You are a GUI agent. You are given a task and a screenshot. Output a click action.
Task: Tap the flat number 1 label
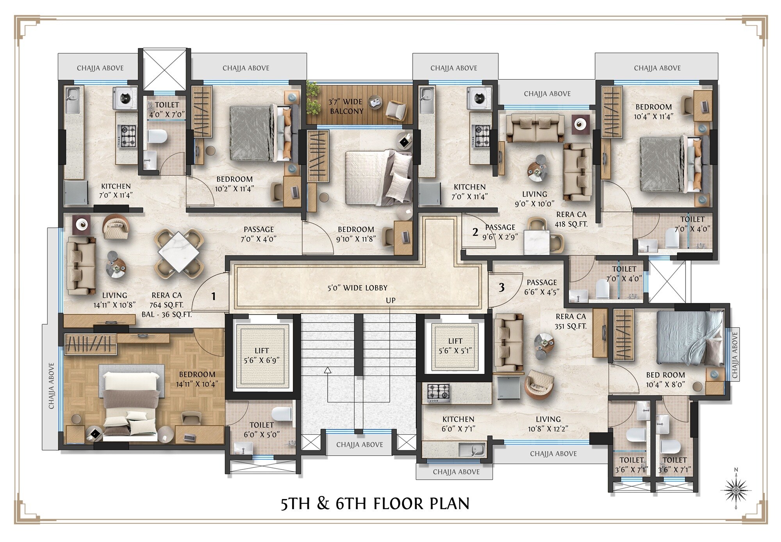[x=213, y=297]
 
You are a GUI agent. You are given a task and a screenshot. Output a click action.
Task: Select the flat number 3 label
[x=501, y=288]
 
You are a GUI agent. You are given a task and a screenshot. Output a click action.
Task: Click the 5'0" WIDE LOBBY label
[x=357, y=288]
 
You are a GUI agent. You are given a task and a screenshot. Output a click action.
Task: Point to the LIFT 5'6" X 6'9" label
[x=262, y=355]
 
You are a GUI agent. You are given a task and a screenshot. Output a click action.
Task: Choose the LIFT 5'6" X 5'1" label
[x=455, y=346]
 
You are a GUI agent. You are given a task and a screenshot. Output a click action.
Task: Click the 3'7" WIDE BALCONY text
[x=346, y=107]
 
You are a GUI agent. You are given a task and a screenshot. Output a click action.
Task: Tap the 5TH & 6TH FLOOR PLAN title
[x=375, y=504]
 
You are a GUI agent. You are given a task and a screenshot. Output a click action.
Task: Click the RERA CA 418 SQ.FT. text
[x=571, y=219]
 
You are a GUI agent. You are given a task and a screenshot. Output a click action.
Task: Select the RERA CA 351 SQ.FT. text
[x=571, y=322]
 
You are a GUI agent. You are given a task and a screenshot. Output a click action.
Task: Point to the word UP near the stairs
[x=390, y=300]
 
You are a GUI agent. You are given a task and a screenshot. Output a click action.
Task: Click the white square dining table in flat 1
[x=178, y=252]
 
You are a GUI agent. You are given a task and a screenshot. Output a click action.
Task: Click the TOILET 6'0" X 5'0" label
[x=262, y=430]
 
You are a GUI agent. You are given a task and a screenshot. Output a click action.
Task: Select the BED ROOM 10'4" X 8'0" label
[x=665, y=379]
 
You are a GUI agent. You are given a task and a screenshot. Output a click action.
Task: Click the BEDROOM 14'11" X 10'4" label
[x=197, y=379]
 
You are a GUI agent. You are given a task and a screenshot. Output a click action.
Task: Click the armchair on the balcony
[x=396, y=110]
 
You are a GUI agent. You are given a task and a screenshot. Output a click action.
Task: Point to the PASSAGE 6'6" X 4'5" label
[x=542, y=287]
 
